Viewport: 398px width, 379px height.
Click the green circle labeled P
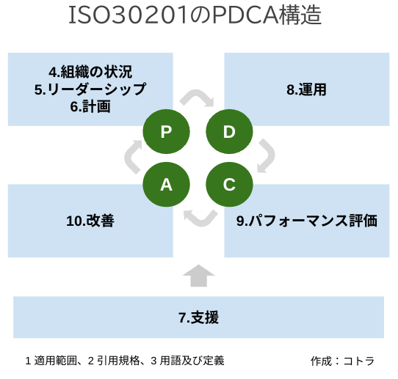pyautogui.click(x=166, y=131)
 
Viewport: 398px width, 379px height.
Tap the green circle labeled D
pyautogui.click(x=229, y=131)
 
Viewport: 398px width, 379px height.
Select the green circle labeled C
pyautogui.click(x=229, y=185)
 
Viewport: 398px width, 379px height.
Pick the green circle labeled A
pyautogui.click(x=166, y=185)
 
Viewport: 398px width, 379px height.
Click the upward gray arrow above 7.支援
pyautogui.click(x=199, y=276)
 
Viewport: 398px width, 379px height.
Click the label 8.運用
pyautogui.click(x=306, y=89)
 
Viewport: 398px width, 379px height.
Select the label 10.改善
pyautogui.click(x=90, y=221)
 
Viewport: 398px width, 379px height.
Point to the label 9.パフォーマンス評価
pyautogui.click(x=307, y=221)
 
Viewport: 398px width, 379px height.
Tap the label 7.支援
pyautogui.click(x=198, y=317)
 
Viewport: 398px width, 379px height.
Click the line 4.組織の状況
pyautogui.click(x=90, y=72)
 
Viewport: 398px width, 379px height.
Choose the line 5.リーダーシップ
pyautogui.click(x=90, y=89)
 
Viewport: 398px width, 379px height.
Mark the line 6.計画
pyautogui.click(x=90, y=106)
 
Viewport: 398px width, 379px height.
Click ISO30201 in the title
pyautogui.click(x=128, y=15)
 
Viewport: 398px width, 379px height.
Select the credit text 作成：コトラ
pyautogui.click(x=342, y=361)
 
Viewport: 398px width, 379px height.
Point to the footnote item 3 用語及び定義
pyautogui.click(x=187, y=361)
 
